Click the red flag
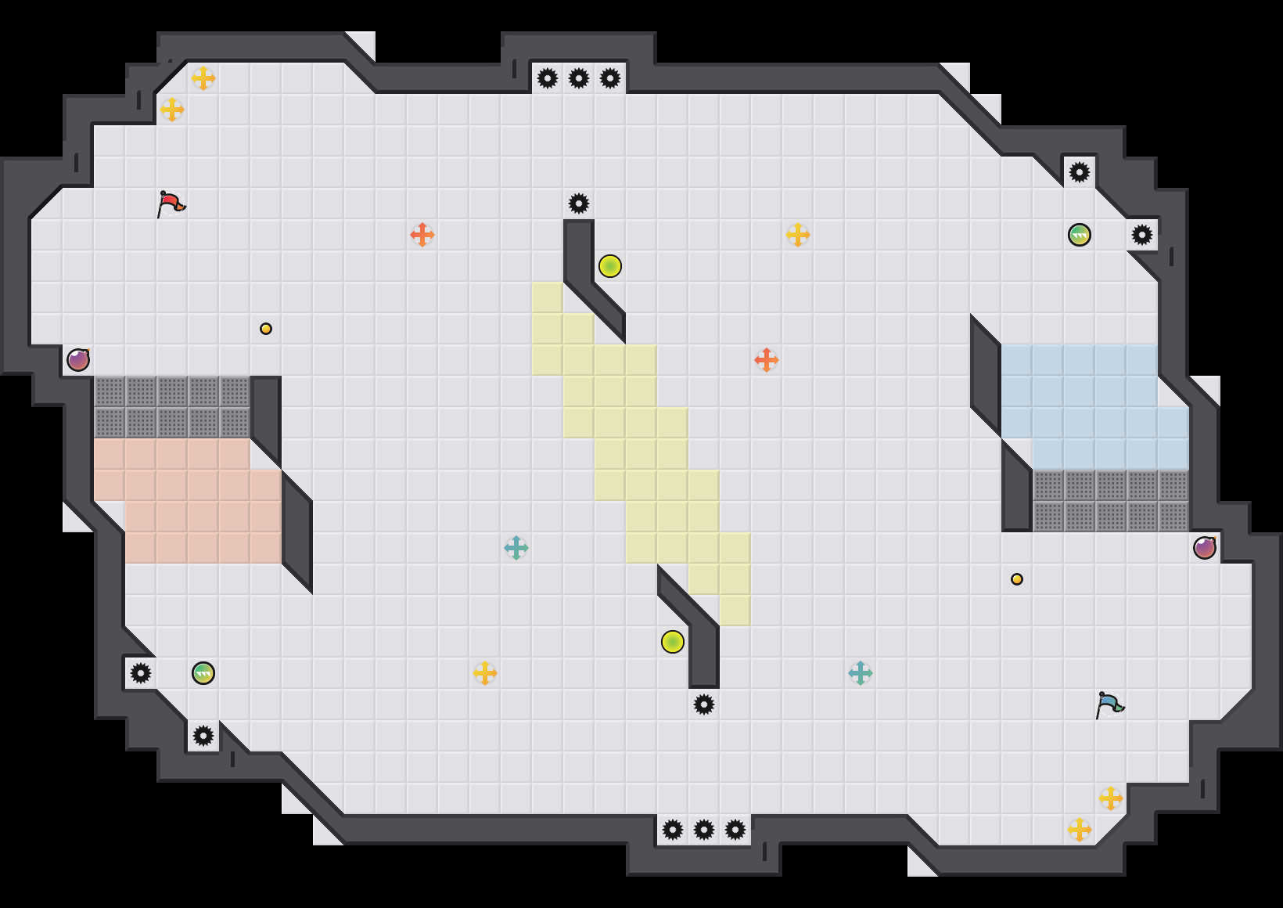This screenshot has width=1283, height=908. [171, 204]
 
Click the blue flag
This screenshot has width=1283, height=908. [1109, 704]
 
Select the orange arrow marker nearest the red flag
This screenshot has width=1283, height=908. [422, 235]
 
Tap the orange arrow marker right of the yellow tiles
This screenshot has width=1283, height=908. [767, 360]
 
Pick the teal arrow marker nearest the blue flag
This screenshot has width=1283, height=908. [861, 673]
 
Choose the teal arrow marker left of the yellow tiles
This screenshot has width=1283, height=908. [516, 548]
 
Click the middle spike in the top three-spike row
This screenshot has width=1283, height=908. [579, 78]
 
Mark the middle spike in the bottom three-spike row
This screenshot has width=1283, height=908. [704, 830]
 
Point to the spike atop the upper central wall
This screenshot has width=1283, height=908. [579, 204]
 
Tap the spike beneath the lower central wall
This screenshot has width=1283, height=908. [704, 704]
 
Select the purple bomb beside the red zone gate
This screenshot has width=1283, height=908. [78, 360]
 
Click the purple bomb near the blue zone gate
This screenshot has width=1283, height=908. [1205, 548]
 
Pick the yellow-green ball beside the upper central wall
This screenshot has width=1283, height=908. [610, 266]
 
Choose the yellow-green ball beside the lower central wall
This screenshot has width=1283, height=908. [673, 642]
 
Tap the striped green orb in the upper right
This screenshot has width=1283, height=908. [1080, 235]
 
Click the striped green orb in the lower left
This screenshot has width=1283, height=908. [203, 673]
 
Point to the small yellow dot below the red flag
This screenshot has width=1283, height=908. [266, 329]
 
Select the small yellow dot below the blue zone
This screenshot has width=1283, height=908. [1017, 579]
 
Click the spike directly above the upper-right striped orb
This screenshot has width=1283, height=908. [1080, 172]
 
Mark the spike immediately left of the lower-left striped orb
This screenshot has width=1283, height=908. [141, 673]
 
